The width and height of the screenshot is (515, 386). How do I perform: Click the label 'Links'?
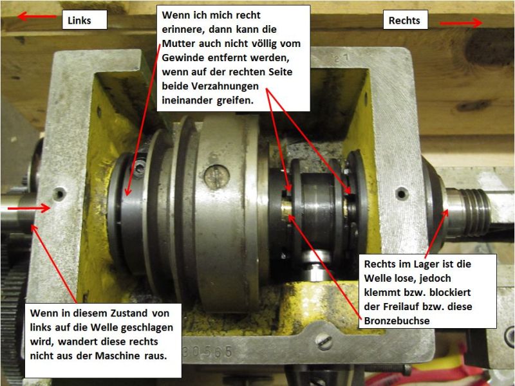tap(79, 21)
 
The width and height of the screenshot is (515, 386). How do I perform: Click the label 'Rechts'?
tap(404, 21)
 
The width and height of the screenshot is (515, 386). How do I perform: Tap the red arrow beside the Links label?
tap(37, 15)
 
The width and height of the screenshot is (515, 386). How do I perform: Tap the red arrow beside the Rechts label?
tap(460, 23)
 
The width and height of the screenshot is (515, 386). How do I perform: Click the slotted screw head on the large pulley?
tap(216, 176)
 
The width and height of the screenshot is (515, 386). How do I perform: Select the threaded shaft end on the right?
tap(470, 212)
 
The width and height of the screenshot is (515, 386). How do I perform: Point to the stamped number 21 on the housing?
tap(342, 58)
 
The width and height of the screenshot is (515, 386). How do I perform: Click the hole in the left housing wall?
tap(59, 194)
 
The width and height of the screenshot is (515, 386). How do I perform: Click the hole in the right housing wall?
tap(402, 194)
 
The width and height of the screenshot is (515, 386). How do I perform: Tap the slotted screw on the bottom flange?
tap(324, 342)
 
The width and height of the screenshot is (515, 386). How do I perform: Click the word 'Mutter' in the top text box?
tap(179, 44)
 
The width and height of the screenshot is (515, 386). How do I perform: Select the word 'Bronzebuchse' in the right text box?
tap(397, 320)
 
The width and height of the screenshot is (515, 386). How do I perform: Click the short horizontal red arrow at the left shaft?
tap(29, 208)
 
